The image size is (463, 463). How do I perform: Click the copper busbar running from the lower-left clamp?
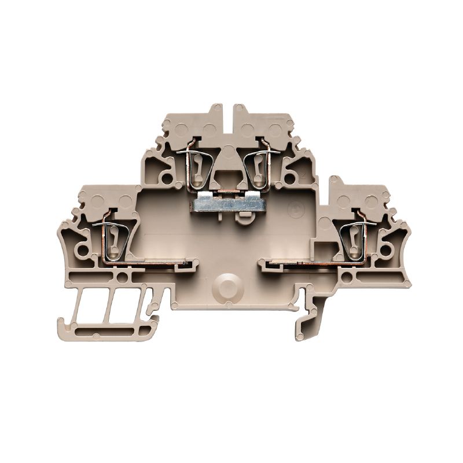tap(156, 264)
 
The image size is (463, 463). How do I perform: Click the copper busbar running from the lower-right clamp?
tap(301, 264)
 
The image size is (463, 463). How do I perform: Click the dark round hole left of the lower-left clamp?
tap(86, 251)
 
